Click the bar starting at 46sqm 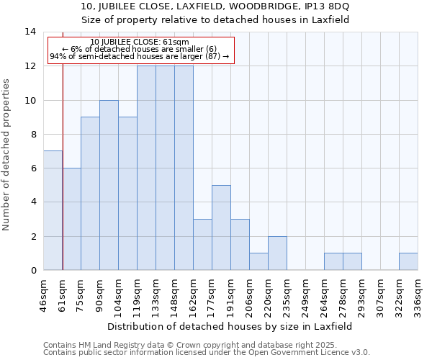click(x=53, y=210)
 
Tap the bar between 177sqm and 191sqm click(x=221, y=228)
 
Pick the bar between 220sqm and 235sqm click(x=277, y=253)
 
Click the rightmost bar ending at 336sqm click(x=408, y=261)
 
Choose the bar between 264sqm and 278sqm click(x=333, y=261)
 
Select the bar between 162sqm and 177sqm click(x=202, y=244)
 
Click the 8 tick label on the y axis click(x=32, y=134)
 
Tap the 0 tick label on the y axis click(x=32, y=271)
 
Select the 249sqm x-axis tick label click(x=305, y=293)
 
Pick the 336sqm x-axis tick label click(x=418, y=293)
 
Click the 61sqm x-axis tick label click(x=62, y=291)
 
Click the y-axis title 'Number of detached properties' click(x=6, y=154)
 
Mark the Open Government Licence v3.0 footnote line click(x=207, y=353)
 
